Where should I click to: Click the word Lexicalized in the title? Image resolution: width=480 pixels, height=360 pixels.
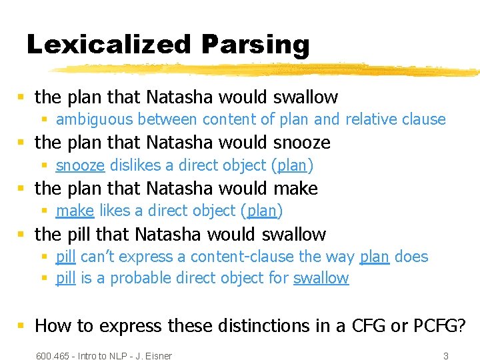coord(109,44)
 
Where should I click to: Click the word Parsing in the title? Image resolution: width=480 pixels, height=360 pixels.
coord(256,45)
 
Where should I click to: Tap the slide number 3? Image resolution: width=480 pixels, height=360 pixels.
coord(446,356)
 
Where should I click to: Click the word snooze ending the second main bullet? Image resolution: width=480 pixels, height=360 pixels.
coord(302,143)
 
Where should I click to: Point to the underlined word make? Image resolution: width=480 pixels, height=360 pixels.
coord(75,211)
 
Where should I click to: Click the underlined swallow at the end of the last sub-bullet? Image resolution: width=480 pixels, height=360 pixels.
coord(321,278)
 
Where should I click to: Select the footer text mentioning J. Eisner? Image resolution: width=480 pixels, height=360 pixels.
coord(103,356)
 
